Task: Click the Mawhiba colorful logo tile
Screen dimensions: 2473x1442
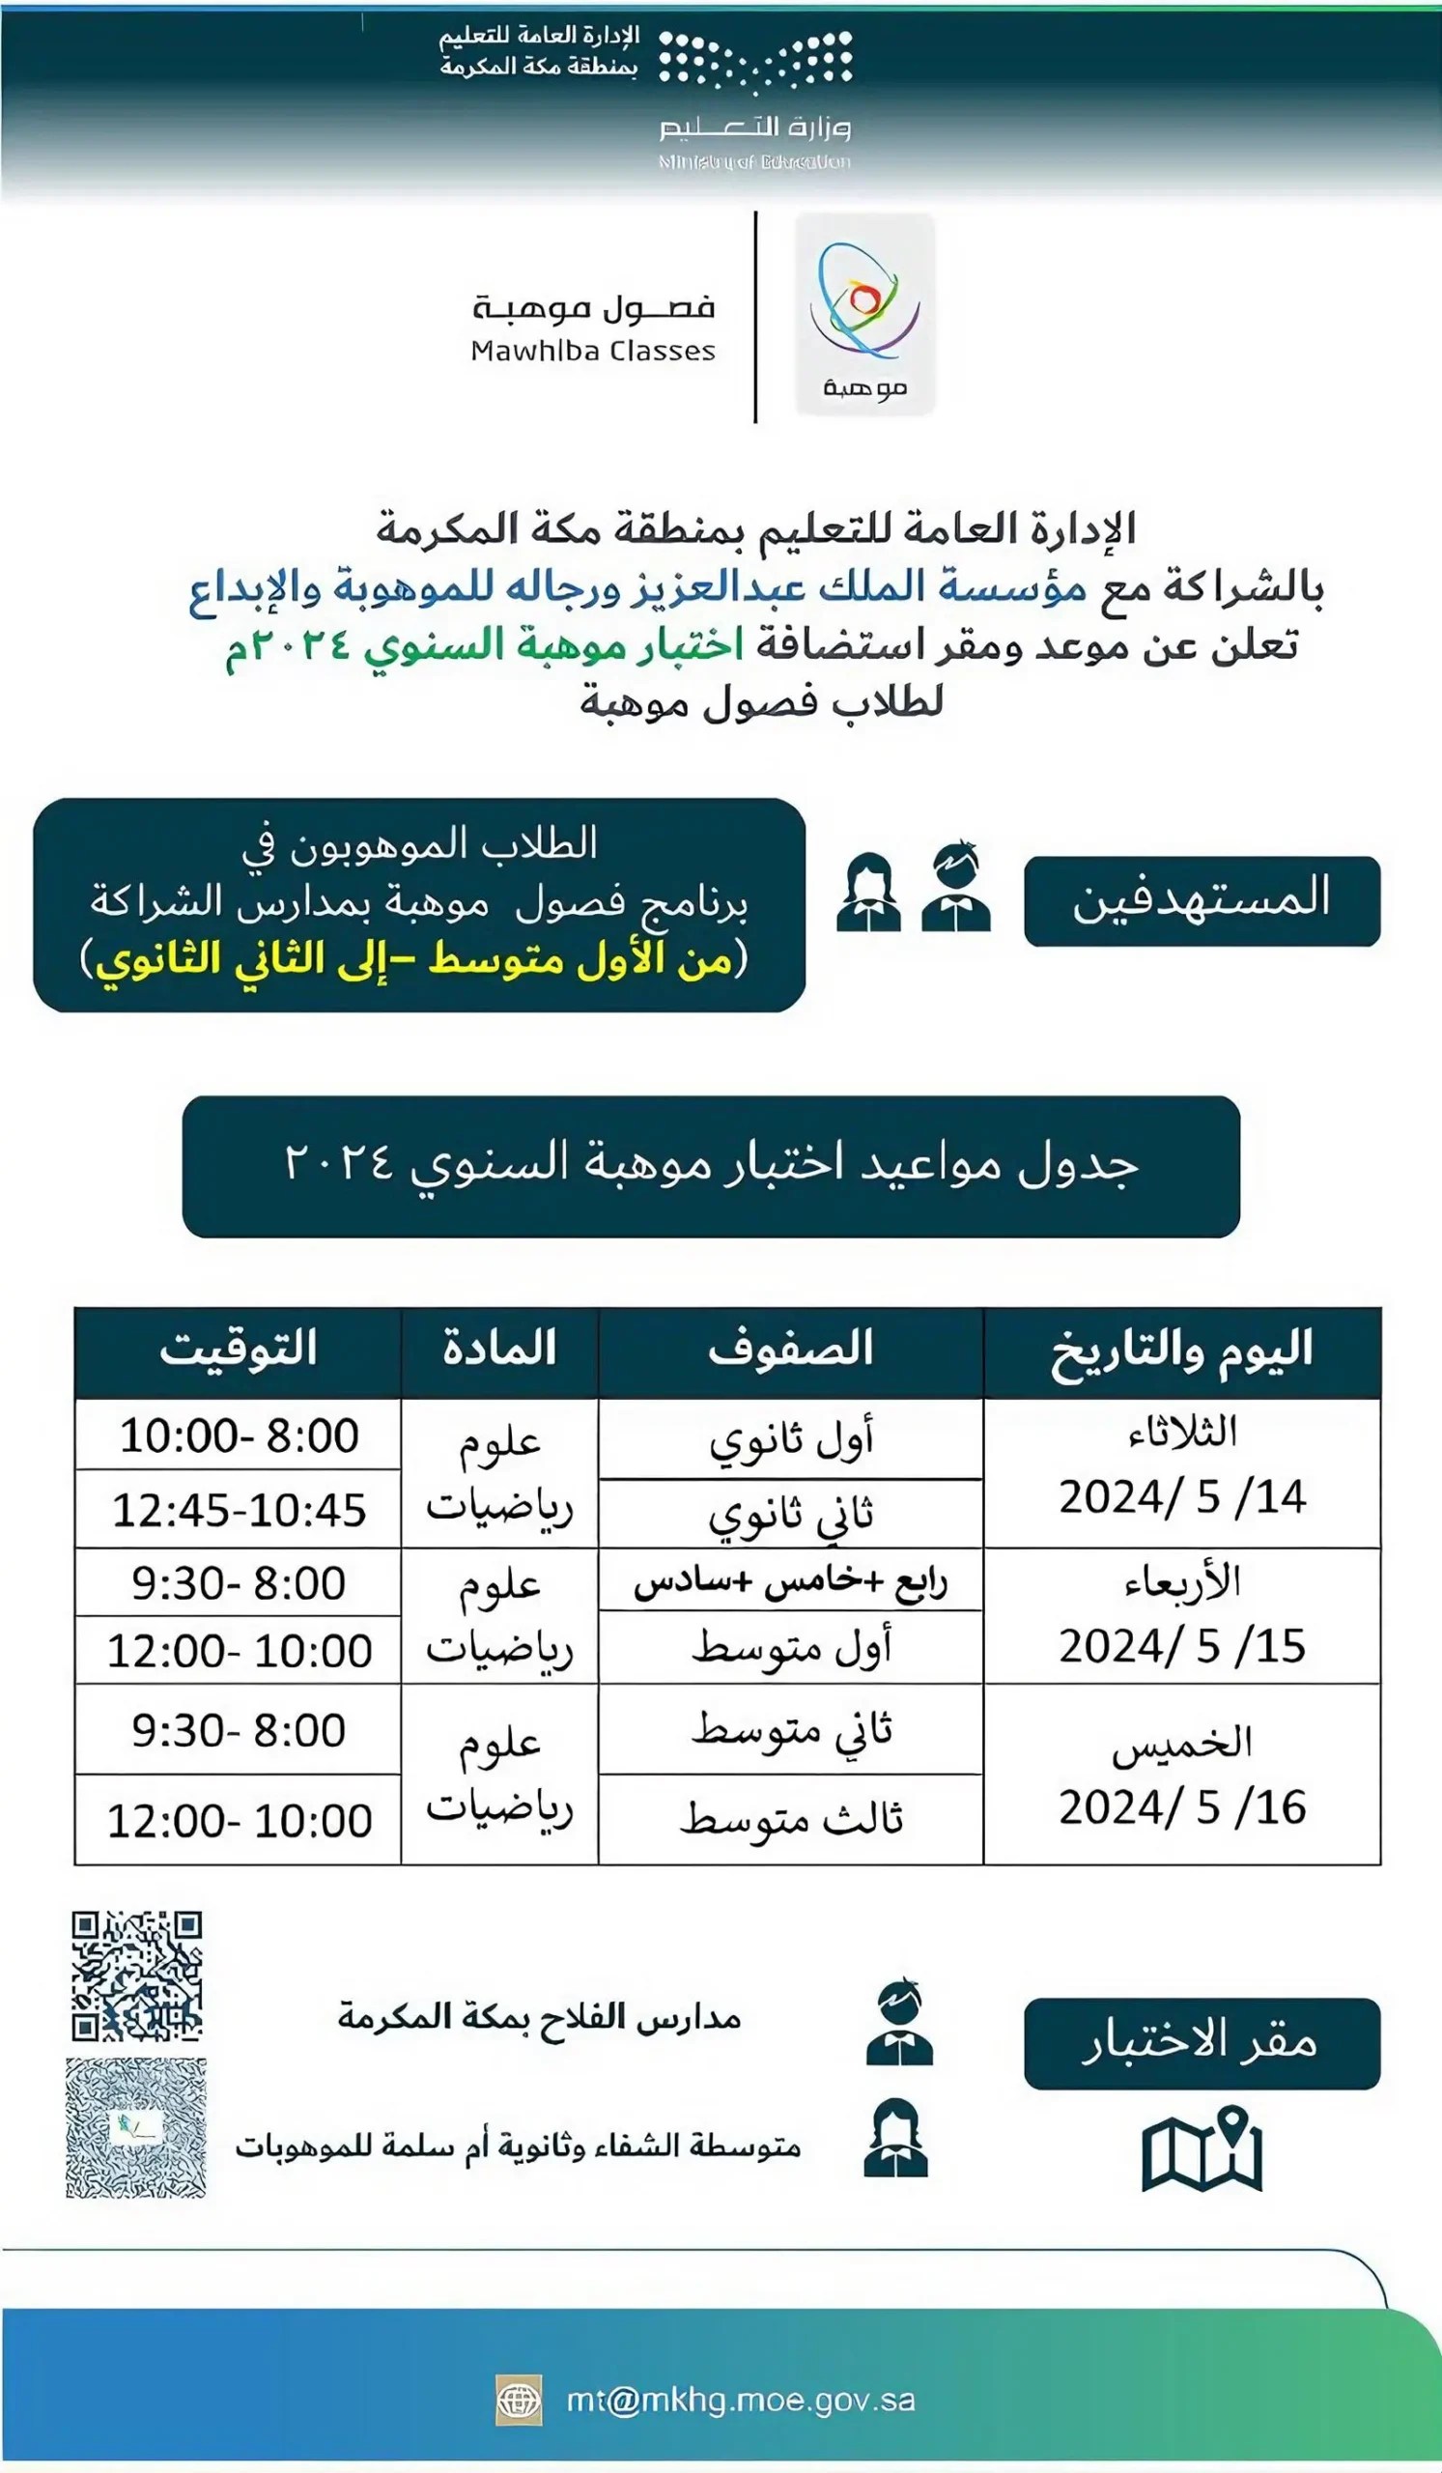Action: click(864, 314)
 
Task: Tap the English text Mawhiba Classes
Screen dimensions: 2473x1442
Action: click(592, 352)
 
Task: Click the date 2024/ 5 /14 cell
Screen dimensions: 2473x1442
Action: click(1182, 1473)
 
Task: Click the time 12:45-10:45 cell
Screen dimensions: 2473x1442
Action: click(239, 1510)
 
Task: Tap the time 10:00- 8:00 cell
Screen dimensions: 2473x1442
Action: click(239, 1435)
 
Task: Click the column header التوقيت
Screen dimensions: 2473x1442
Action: click(239, 1350)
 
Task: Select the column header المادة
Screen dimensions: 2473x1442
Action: click(499, 1350)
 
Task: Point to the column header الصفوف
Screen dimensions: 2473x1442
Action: click(791, 1350)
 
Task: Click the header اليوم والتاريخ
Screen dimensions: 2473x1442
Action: click(1182, 1351)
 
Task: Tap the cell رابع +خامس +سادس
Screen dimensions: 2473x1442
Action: click(791, 1582)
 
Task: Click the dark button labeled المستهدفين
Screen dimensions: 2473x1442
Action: click(1202, 900)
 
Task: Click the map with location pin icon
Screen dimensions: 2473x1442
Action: click(1202, 2151)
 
